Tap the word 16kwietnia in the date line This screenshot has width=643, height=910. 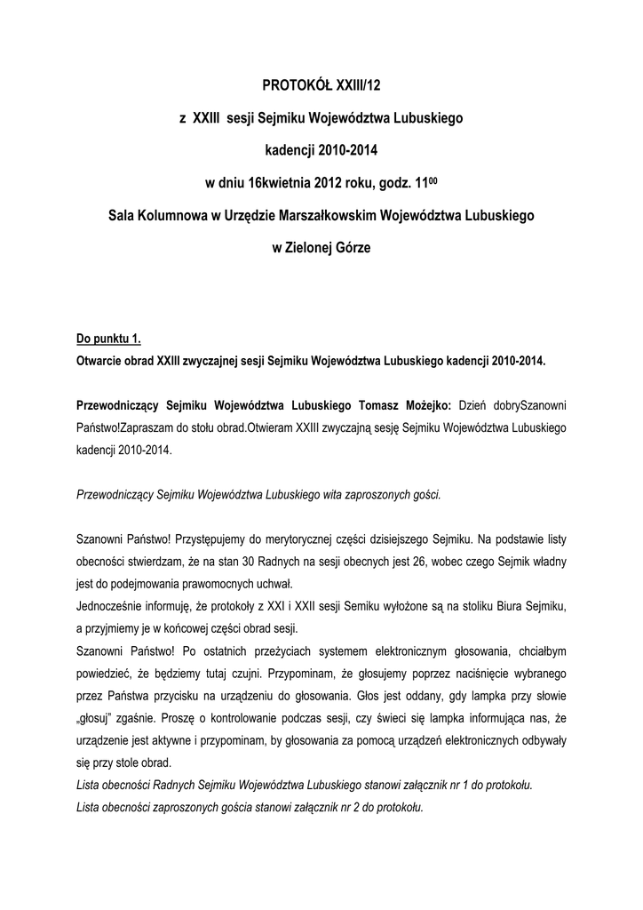(x=282, y=184)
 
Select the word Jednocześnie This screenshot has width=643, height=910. (x=113, y=605)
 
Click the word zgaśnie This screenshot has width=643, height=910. (x=147, y=716)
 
